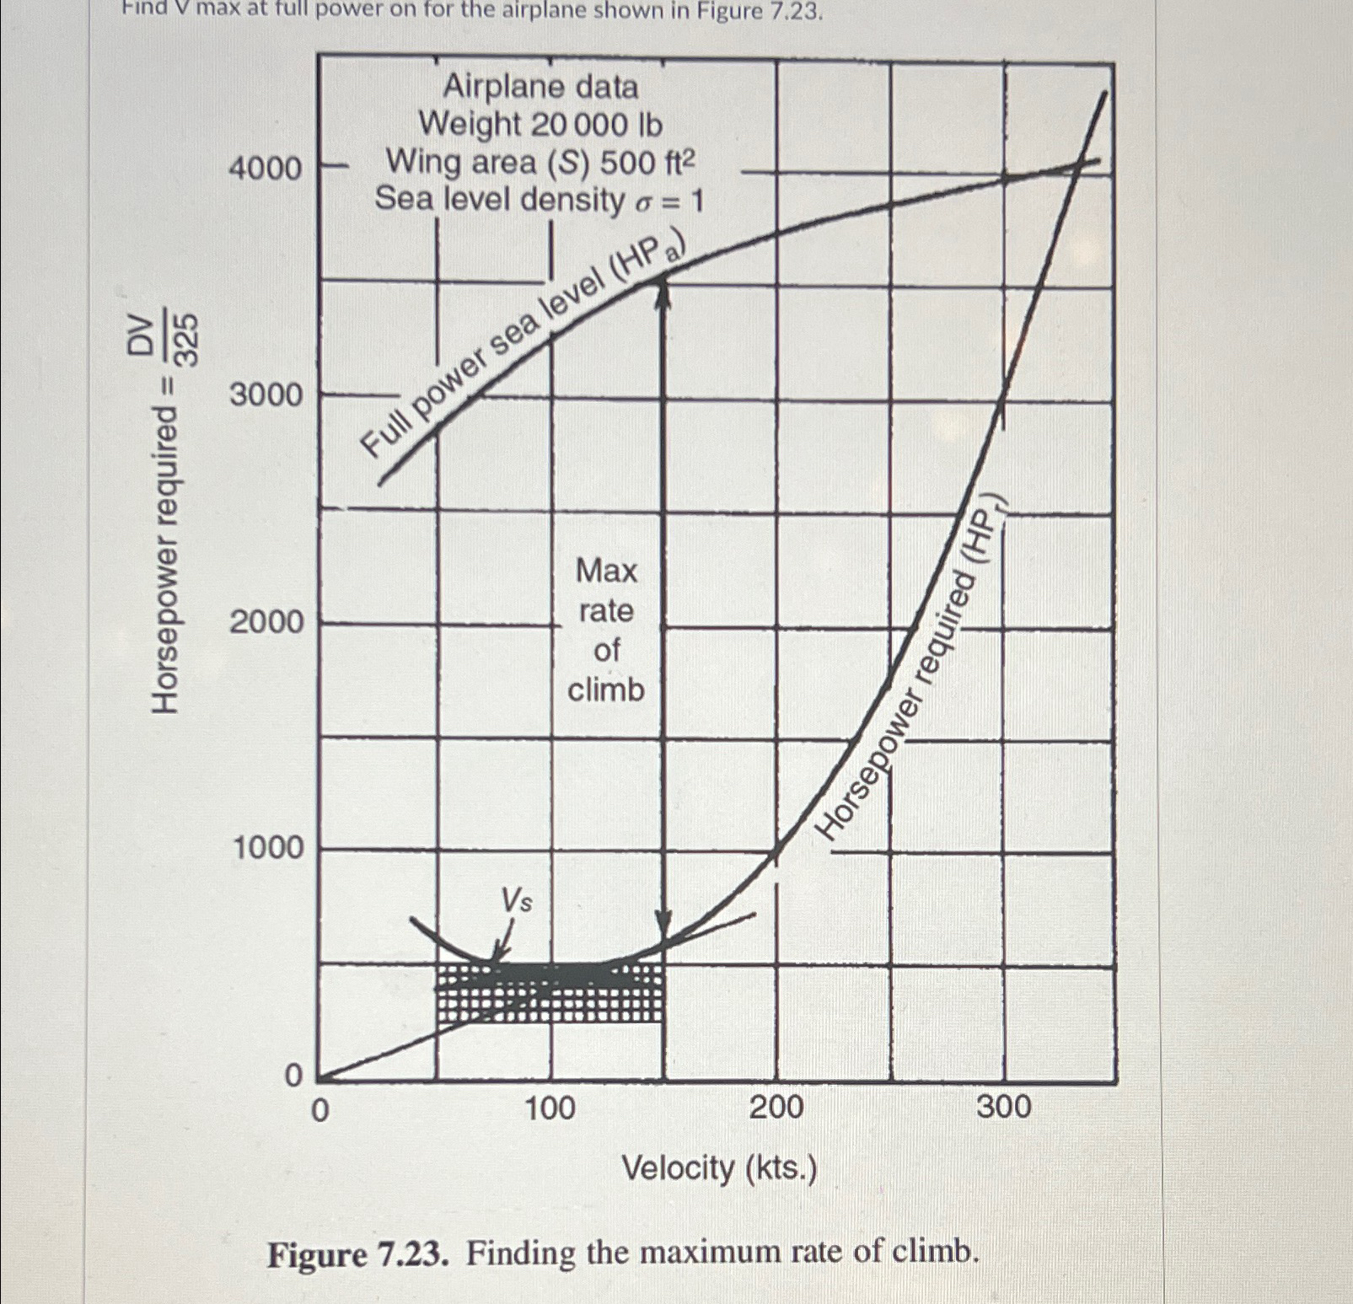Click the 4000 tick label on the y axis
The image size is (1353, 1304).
(x=265, y=169)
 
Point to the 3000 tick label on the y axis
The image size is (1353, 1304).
(x=265, y=394)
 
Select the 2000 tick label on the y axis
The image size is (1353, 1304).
(x=266, y=622)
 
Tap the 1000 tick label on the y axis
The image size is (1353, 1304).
(x=267, y=848)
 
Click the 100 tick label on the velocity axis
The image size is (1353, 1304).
(x=550, y=1107)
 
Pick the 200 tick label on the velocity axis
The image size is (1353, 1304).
(x=776, y=1107)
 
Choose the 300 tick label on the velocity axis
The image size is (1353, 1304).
(x=1003, y=1106)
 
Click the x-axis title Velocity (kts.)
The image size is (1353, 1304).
(x=718, y=1168)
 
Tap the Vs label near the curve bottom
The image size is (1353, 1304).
(x=516, y=900)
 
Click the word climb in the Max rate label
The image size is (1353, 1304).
(x=605, y=690)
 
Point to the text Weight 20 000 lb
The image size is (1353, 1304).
(x=540, y=125)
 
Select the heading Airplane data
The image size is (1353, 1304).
(x=540, y=87)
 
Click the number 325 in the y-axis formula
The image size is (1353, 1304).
(x=188, y=339)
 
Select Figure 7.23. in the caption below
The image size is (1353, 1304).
(x=357, y=1254)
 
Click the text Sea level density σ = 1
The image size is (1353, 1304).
(x=539, y=200)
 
